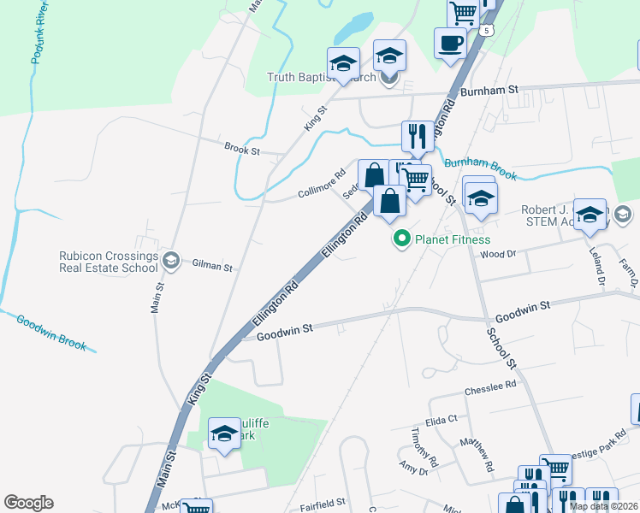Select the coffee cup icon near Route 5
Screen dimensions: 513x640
[x=450, y=43]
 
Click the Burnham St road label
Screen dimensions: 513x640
[x=490, y=89]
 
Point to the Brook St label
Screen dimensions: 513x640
[x=242, y=150]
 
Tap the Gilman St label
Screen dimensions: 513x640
[x=212, y=266]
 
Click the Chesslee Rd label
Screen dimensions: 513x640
[x=490, y=386]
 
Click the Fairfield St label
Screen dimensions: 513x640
[x=322, y=502]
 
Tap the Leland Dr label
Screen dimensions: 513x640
[x=599, y=267]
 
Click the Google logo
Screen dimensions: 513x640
[x=28, y=503]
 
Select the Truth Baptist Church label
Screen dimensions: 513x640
[x=322, y=78]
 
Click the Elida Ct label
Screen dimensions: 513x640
[x=442, y=419]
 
